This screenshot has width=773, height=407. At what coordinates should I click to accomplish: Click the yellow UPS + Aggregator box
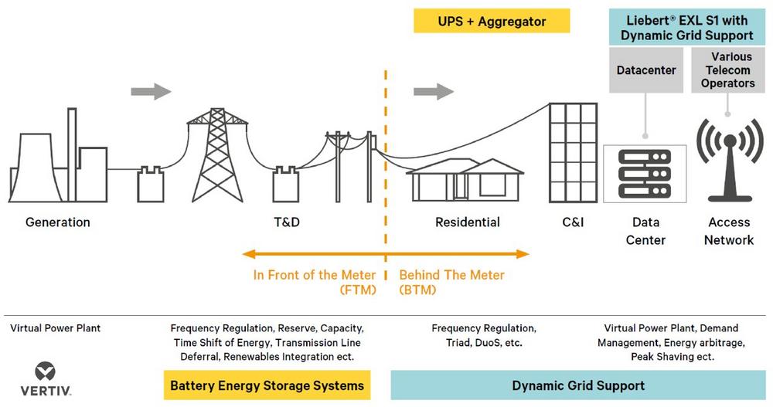(492, 21)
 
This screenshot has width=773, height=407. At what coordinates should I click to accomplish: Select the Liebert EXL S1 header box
(686, 28)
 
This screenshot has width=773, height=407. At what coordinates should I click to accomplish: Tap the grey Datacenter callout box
(645, 70)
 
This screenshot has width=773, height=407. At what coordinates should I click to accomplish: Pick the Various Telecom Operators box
(727, 70)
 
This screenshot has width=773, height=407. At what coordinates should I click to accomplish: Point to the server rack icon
(645, 174)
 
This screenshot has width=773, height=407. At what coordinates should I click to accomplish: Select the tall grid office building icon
(573, 153)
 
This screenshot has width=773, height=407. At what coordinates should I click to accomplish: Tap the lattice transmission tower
(217, 154)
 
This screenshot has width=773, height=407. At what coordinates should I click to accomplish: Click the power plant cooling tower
(36, 168)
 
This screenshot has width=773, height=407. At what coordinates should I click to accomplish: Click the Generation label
(58, 222)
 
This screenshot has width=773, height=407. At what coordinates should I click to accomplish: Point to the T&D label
(287, 222)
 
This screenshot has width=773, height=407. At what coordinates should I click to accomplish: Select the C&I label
(573, 222)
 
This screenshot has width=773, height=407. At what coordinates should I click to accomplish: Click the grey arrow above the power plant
(151, 91)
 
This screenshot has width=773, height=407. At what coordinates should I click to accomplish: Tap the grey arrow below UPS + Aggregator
(434, 91)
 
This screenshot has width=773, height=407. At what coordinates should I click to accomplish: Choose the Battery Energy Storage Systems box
(267, 385)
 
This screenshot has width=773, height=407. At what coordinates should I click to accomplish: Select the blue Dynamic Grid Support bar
(577, 385)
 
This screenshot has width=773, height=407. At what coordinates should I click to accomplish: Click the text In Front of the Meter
(314, 275)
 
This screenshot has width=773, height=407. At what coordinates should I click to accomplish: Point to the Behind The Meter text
(451, 275)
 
